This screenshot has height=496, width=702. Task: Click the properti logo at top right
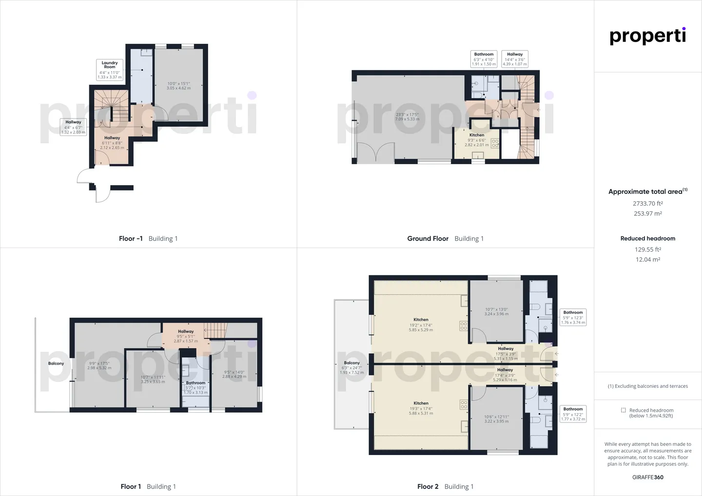647,36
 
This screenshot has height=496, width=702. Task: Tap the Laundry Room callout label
110,65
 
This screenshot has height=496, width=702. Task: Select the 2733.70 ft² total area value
647,204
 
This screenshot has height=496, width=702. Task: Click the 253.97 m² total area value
647,213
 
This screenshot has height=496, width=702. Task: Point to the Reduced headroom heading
647,238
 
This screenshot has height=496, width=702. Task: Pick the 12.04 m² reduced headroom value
647,260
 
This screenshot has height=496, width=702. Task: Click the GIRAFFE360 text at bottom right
647,477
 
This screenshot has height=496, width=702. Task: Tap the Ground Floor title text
428,238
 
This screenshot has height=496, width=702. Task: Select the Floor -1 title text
131,238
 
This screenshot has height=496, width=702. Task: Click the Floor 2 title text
428,486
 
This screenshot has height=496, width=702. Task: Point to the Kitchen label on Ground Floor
477,135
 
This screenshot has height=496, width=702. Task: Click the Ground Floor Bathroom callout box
484,59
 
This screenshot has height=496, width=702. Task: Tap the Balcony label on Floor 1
56,363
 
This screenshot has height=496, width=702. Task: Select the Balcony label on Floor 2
351,362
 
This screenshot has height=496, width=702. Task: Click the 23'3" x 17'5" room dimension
407,114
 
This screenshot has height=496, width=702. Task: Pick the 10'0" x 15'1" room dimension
178,83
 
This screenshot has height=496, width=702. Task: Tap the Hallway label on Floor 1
186,331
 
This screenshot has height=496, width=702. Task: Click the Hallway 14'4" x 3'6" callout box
515,59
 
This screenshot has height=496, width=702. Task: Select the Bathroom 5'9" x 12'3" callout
573,317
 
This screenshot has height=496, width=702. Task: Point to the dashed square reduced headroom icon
623,410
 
